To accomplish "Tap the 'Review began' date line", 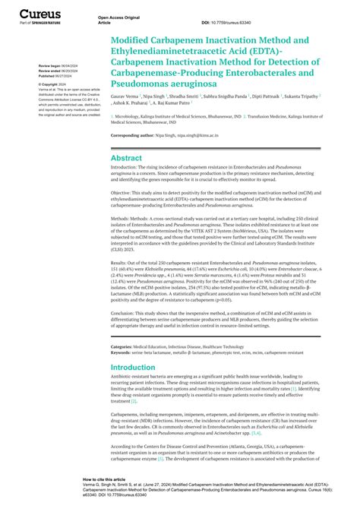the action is pos(58,66).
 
